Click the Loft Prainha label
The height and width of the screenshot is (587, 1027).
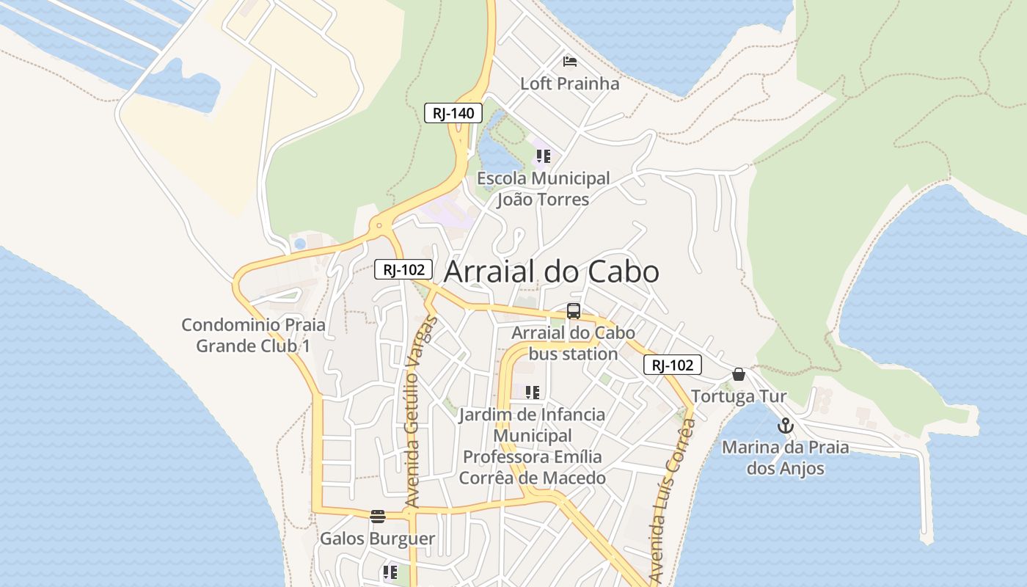[569, 84]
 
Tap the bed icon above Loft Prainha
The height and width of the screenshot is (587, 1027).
[570, 61]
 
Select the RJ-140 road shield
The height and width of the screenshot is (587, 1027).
[453, 113]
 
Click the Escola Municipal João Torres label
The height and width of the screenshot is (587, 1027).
[543, 189]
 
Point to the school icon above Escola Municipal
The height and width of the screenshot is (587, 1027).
[543, 156]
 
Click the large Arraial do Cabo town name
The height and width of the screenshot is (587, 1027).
[552, 272]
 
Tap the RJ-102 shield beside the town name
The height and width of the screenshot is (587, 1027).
[403, 269]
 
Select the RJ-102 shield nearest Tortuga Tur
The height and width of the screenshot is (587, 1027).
[673, 365]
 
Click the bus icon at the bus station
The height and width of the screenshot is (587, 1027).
[574, 311]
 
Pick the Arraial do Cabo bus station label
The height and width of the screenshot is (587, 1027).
[573, 343]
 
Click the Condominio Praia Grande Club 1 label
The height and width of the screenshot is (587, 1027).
[253, 335]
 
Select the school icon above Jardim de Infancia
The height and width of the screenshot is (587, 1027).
[533, 393]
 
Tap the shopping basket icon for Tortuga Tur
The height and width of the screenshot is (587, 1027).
[739, 374]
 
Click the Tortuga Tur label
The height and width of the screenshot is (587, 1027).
[739, 397]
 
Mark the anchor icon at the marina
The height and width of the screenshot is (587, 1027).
[786, 426]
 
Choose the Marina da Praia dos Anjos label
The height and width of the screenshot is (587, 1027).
[786, 458]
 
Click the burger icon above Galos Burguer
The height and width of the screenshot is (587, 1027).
[378, 517]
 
